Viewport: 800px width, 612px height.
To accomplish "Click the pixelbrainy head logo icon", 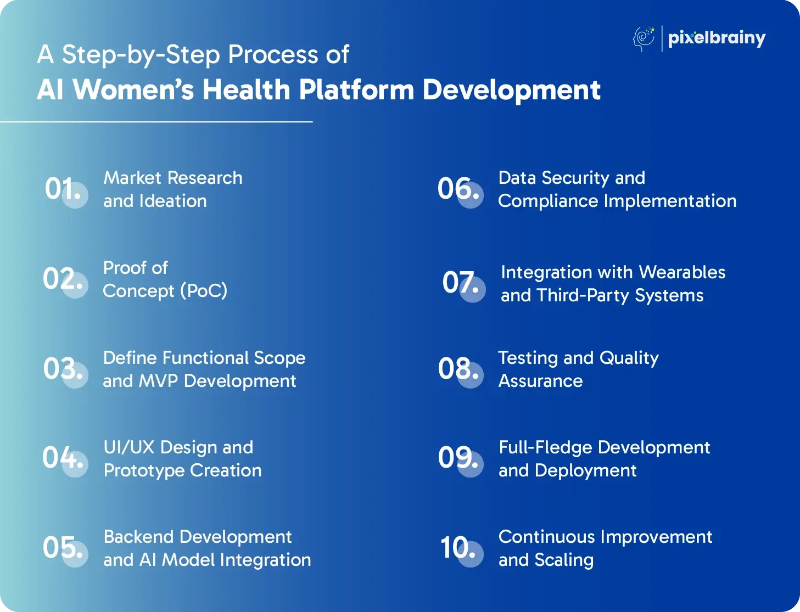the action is pos(644,38).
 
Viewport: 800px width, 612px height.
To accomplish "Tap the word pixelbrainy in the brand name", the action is pos(717,38).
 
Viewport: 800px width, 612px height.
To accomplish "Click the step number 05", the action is pos(63,547).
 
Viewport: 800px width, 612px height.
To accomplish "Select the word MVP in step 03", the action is pos(158,381).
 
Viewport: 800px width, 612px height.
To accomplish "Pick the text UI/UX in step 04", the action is pos(129,447).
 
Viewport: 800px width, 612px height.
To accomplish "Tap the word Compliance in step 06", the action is pos(548,201).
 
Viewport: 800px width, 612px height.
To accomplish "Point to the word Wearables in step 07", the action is pos(682,272).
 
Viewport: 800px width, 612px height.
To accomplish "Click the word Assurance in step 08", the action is pos(540,381).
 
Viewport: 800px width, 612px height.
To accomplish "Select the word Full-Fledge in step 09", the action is pos(545,448).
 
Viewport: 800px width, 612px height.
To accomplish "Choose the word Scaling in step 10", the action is pos(564,560).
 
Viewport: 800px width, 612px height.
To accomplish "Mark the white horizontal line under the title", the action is pos(156,122).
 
